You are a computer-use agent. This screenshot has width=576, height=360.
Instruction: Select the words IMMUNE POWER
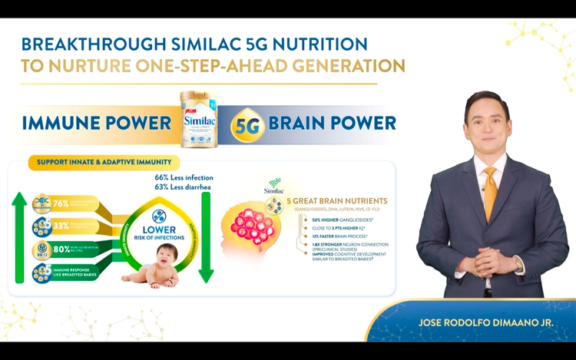96,123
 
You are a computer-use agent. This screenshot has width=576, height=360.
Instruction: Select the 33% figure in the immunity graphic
61,227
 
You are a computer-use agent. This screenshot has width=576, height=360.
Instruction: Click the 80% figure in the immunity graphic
61,250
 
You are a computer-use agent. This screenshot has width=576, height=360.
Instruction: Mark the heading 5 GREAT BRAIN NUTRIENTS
337,201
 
